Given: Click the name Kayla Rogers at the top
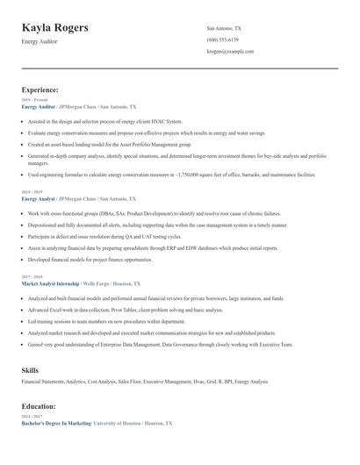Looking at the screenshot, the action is point(54,27).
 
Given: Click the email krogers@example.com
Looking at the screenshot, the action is point(230,52).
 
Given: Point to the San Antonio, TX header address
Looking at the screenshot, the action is point(224,28).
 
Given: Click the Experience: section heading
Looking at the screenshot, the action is point(40,89).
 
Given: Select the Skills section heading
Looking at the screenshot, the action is point(30,370).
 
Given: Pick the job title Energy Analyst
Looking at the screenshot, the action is point(40,199).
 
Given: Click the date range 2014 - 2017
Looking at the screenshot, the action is point(32,417).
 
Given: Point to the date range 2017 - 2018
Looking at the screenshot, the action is point(32,277).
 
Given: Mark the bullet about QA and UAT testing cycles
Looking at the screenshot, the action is point(104,237).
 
